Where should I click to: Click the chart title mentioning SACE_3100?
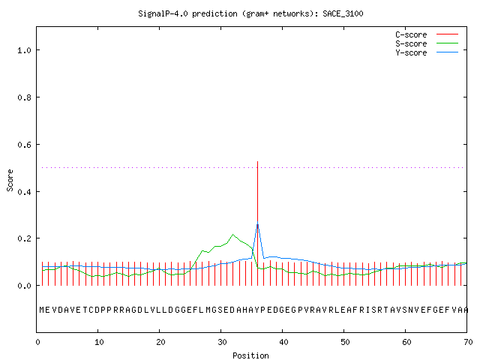pyautogui.click(x=250, y=13)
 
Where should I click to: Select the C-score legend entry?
pyautogui.click(x=427, y=34)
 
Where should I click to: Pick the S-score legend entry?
pyautogui.click(x=427, y=43)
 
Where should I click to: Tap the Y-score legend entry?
pyautogui.click(x=427, y=52)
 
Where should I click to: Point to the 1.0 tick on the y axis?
pyautogui.click(x=24, y=50)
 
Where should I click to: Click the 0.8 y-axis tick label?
pyautogui.click(x=24, y=97)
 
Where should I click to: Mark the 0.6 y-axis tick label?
pyautogui.click(x=24, y=145)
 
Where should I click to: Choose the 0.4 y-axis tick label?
pyautogui.click(x=24, y=192)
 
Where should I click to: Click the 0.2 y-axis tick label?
pyautogui.click(x=24, y=238)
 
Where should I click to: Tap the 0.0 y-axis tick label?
pyautogui.click(x=24, y=286)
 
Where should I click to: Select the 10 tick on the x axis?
pyautogui.click(x=99, y=342)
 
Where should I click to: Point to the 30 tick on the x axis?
pyautogui.click(x=222, y=342)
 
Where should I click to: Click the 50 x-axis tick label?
pyautogui.click(x=345, y=342)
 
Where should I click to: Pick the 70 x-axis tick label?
pyautogui.click(x=468, y=342)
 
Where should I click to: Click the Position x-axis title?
pyautogui.click(x=250, y=355)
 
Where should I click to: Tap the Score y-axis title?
pyautogui.click(x=10, y=180)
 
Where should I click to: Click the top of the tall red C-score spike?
pyautogui.click(x=257, y=162)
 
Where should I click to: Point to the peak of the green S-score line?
pyautogui.click(x=233, y=235)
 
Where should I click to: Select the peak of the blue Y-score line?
pyautogui.click(x=257, y=222)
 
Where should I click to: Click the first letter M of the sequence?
pyautogui.click(x=42, y=310)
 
